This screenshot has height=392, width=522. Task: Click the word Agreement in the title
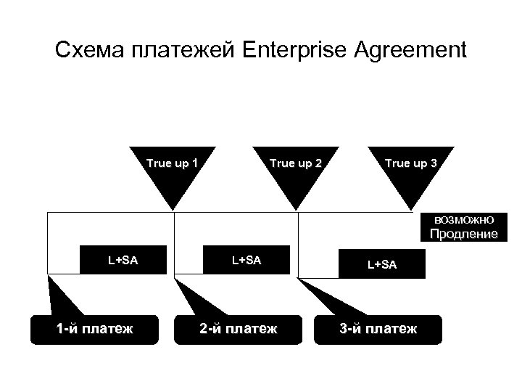click(409, 52)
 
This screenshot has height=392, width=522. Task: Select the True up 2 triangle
click(295, 178)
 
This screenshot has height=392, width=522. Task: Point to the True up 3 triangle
click(411, 178)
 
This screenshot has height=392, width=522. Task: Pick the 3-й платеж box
click(378, 330)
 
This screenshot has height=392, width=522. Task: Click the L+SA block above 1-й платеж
click(123, 259)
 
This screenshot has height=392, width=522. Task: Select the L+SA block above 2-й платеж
click(246, 259)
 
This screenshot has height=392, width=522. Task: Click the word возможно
click(464, 219)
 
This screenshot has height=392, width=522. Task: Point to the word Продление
click(464, 234)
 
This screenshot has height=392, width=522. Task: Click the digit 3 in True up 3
click(433, 163)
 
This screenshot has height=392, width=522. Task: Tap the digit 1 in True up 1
click(195, 163)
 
